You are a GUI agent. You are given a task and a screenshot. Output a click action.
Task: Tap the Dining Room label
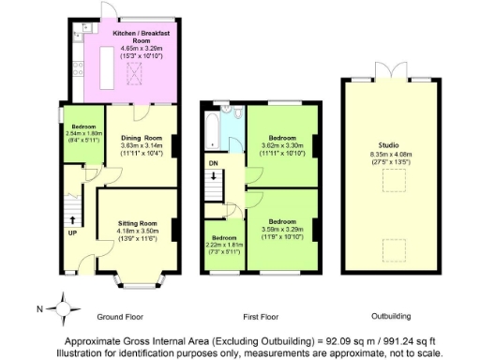point(141,137)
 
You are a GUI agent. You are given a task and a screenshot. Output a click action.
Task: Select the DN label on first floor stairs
point(213,161)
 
